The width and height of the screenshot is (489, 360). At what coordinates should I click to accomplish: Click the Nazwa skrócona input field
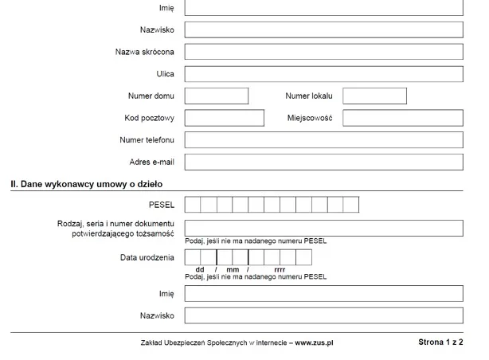(323, 52)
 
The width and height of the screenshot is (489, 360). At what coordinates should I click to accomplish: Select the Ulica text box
(323, 74)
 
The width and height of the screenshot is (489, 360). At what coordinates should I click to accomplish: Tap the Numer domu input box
(217, 96)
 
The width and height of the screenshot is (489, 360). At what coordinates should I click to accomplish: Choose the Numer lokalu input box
(374, 96)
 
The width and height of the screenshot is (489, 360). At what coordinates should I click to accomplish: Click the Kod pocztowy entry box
(224, 118)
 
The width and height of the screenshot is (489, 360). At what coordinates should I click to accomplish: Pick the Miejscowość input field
(402, 118)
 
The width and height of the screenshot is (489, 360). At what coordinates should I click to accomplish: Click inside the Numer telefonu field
(323, 140)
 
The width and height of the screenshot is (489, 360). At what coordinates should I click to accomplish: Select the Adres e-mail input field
(323, 162)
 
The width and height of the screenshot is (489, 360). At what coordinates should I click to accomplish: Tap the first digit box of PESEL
(192, 205)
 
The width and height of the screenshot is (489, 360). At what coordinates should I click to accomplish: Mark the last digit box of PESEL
(351, 205)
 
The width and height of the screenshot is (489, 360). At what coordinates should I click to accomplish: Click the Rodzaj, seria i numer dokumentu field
(323, 228)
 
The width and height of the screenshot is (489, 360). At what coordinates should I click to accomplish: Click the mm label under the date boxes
(232, 269)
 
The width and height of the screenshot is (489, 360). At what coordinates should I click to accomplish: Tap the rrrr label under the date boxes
(280, 269)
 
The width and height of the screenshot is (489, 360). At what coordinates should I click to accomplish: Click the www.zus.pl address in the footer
(314, 342)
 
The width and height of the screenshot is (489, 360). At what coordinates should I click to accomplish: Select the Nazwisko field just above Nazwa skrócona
(323, 29)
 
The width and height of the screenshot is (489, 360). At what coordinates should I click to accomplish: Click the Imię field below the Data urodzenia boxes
(323, 294)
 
